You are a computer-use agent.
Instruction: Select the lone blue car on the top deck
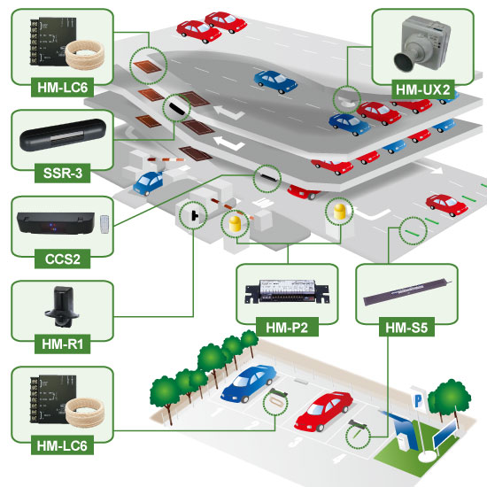pos(269,79)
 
